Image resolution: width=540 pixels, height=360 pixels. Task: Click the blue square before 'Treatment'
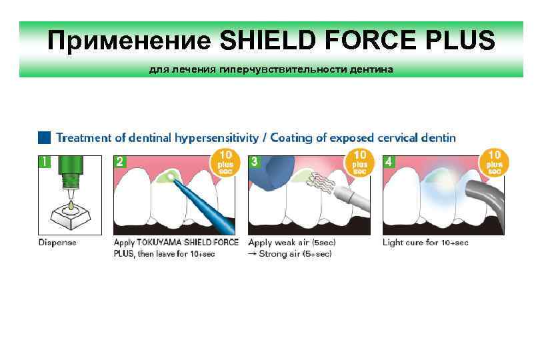pyautogui.click(x=44, y=138)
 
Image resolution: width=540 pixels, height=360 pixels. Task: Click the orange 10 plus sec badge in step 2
pyautogui.click(x=226, y=163)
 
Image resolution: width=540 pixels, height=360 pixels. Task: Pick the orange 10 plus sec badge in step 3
pyautogui.click(x=360, y=163)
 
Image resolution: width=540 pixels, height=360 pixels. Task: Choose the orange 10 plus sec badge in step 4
pyautogui.click(x=495, y=163)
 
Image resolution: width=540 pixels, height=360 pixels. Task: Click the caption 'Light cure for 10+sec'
pyautogui.click(x=425, y=243)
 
